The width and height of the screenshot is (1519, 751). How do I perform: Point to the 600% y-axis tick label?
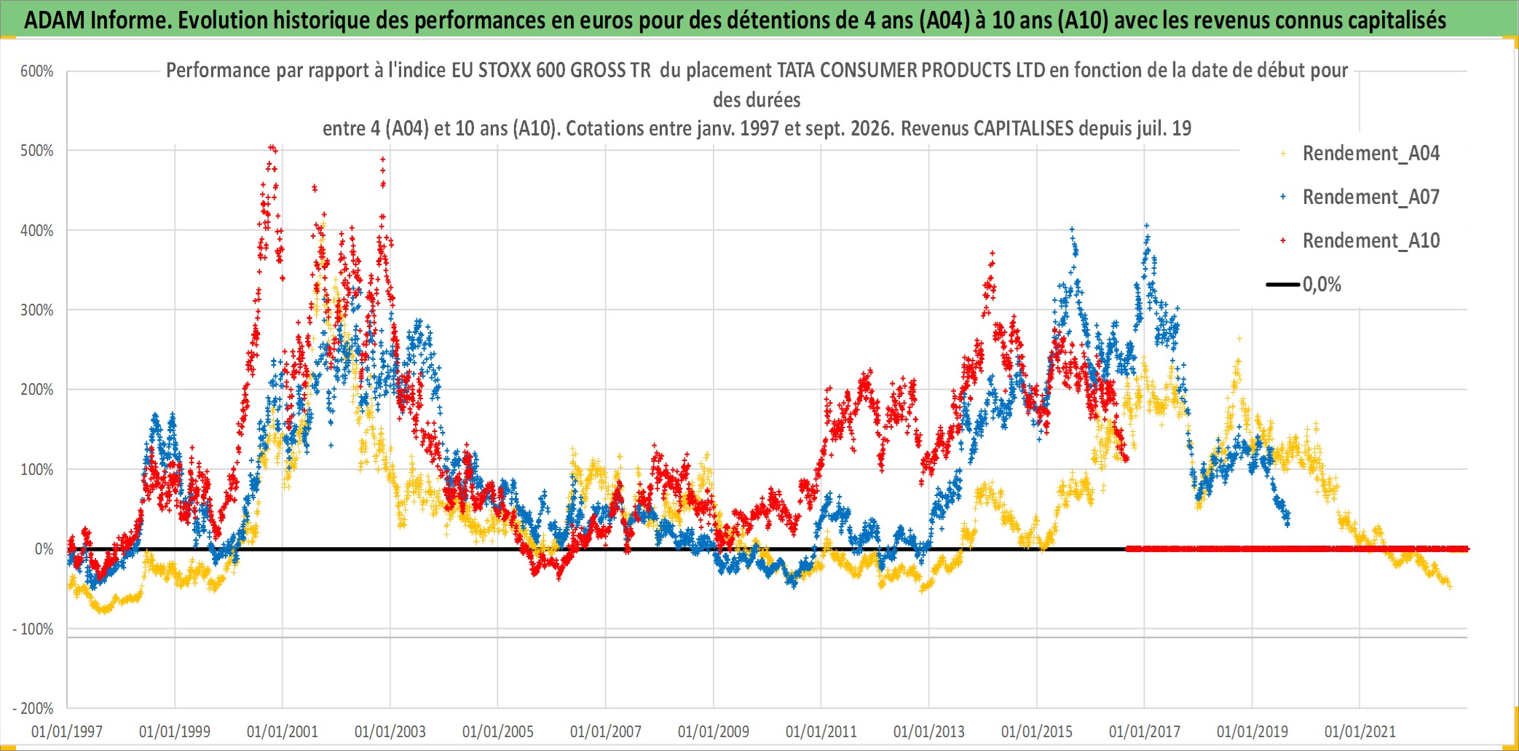click(x=37, y=71)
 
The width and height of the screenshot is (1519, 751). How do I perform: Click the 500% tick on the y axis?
click(x=37, y=151)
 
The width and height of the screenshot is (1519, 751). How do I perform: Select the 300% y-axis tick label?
click(x=37, y=310)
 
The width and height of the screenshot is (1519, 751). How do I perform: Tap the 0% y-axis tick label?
click(x=44, y=549)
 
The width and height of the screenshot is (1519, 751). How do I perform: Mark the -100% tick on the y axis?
click(x=33, y=629)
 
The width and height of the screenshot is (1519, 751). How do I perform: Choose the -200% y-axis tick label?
click(x=33, y=709)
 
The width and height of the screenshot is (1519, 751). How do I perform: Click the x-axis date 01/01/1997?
click(x=67, y=731)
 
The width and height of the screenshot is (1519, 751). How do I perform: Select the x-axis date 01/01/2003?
click(x=390, y=731)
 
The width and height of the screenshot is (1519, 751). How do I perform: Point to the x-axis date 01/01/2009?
click(x=714, y=731)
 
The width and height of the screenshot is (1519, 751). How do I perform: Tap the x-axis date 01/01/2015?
click(x=1037, y=731)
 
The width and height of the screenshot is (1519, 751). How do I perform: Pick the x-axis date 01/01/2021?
click(x=1360, y=731)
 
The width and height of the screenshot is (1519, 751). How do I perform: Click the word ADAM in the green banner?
click(x=55, y=20)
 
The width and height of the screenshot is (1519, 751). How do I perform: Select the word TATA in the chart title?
click(x=796, y=70)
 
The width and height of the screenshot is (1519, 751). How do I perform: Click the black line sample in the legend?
click(x=1282, y=285)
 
